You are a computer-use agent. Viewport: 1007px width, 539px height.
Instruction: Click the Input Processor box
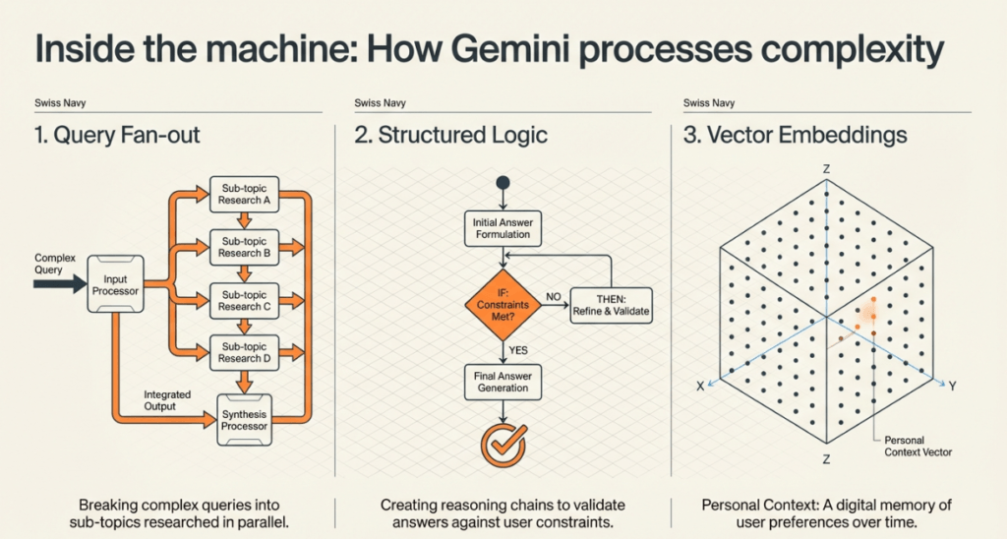pos(116,285)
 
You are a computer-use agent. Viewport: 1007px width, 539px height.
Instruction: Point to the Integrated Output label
pos(159,399)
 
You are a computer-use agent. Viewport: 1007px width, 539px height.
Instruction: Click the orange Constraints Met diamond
pos(503,304)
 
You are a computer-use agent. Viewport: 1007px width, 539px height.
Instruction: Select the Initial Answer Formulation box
pos(503,228)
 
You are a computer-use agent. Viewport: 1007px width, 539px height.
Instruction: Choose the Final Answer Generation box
pos(503,381)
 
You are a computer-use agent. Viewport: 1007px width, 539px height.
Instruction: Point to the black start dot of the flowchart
pos(503,182)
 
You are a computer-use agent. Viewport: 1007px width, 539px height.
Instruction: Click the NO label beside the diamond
pos(553,294)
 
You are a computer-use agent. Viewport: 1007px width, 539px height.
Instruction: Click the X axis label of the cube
pos(700,387)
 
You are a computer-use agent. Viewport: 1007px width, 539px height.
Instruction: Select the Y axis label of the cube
pos(952,387)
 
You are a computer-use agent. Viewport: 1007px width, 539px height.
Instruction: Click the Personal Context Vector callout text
pos(918,446)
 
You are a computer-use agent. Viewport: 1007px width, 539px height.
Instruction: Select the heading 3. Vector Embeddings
pos(795,135)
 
